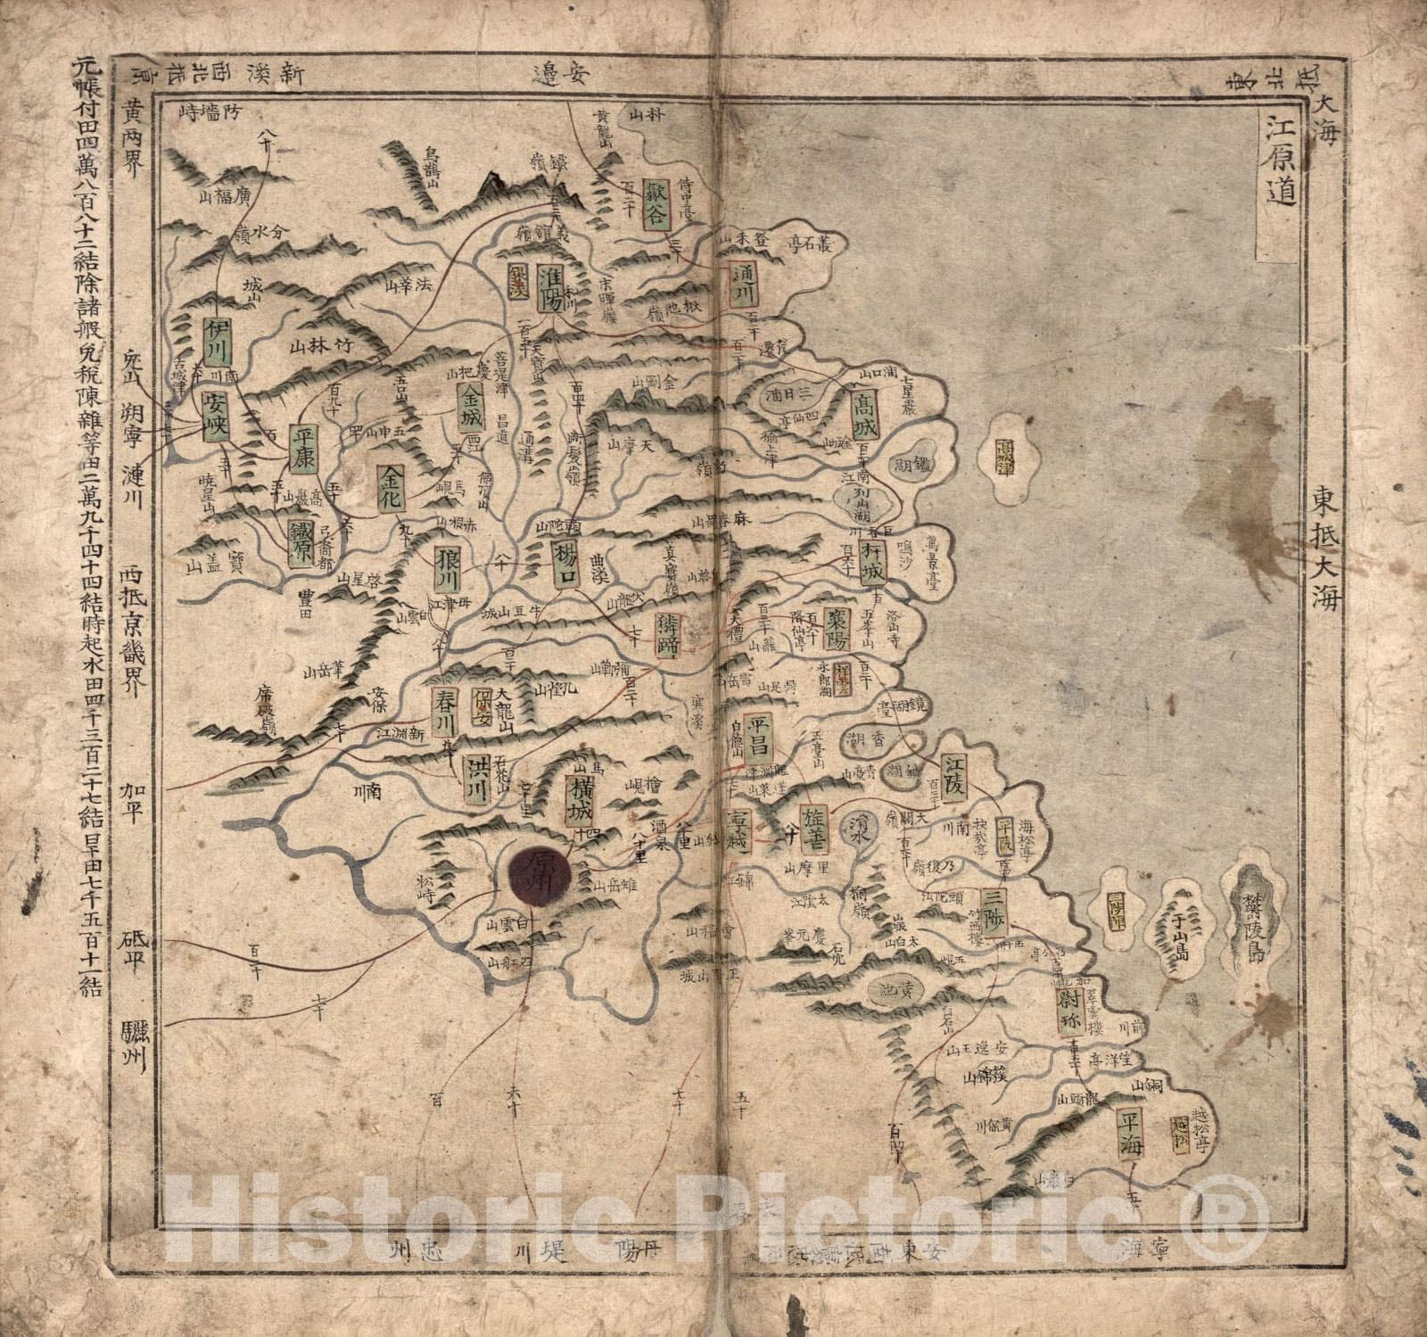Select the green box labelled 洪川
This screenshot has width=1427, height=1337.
(476, 780)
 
